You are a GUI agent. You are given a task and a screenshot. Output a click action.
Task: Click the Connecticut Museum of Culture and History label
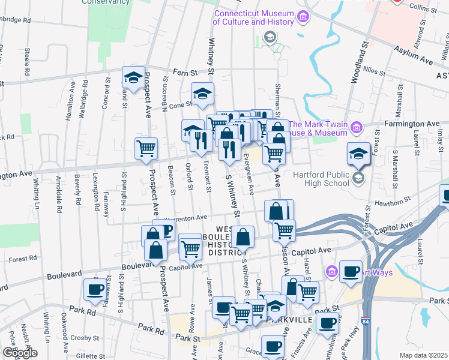[254, 18]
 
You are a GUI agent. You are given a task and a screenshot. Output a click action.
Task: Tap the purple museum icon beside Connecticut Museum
[303, 16]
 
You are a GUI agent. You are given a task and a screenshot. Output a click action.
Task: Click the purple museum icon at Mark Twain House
[357, 127]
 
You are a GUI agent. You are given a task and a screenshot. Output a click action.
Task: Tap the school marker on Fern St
[134, 77]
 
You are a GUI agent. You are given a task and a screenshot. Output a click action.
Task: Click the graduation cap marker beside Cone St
[203, 94]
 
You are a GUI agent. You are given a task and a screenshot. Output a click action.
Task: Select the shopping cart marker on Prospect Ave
[146, 148]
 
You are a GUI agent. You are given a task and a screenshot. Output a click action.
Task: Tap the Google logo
[20, 353]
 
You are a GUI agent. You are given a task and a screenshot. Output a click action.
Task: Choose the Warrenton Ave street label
[184, 217]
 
